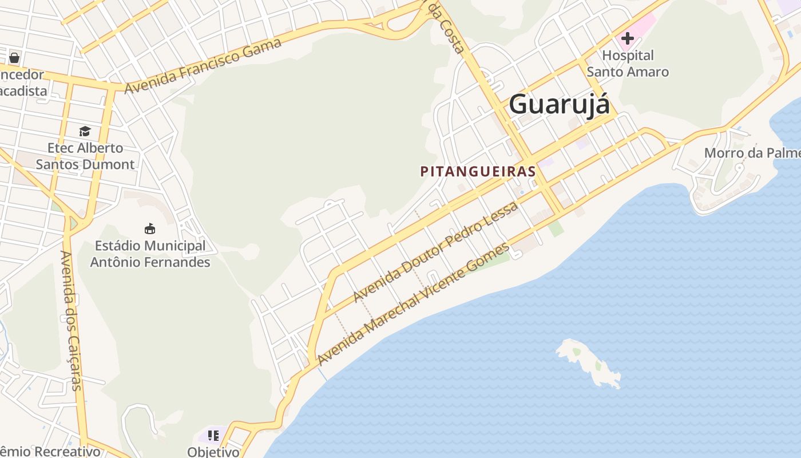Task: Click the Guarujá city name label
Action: pos(559,105)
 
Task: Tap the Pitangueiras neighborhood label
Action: pos(478,171)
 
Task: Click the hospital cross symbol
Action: pos(628,38)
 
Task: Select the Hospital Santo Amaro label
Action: pos(628,64)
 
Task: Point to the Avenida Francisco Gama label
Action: pos(203,66)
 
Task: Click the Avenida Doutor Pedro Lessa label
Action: pos(435,252)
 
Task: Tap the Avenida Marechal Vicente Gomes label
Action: pos(413,305)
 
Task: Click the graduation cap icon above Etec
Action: pos(85,132)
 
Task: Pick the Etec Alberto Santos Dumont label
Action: pos(85,156)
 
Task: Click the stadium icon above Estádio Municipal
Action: pos(150,229)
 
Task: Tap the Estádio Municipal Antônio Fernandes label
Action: pos(150,254)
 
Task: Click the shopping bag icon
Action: pos(14,57)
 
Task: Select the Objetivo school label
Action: pos(213,452)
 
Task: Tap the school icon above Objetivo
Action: pos(213,436)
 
